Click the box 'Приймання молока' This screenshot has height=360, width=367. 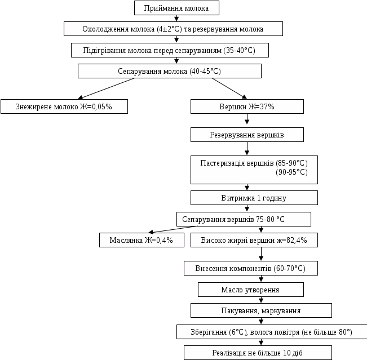tap(176, 8)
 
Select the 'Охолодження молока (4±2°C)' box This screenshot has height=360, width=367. tap(173, 29)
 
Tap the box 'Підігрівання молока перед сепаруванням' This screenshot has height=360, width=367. tap(169, 50)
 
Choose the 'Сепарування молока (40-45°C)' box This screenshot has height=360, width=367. tap(169, 71)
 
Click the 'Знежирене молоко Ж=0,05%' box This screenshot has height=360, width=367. tap(64, 106)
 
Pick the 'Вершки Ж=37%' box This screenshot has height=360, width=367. tap(247, 106)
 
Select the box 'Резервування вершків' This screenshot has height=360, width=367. tap(247, 135)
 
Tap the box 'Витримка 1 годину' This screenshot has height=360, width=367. tap(254, 198)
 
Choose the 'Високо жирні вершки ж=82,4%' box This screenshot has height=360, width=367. tap(253, 240)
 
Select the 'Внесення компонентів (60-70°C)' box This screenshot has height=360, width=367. tap(250, 268)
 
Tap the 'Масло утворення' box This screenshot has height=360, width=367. tap(250, 290)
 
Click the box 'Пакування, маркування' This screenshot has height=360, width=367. tap(261, 310)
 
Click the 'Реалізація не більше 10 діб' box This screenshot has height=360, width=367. tap(258, 353)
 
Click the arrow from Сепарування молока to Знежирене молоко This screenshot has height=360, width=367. tap(107, 88)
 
